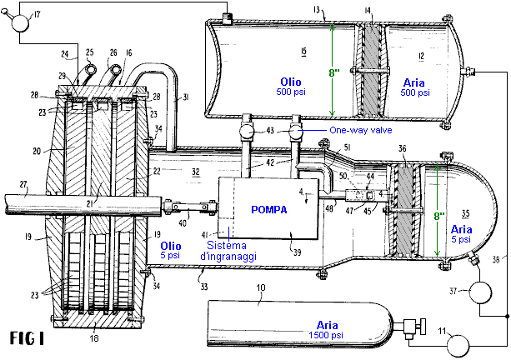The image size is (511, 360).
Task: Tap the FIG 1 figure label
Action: click(31, 339)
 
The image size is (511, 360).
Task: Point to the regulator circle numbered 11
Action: click(455, 342)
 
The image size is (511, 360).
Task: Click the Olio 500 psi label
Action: click(295, 87)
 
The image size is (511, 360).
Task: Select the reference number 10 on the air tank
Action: click(263, 288)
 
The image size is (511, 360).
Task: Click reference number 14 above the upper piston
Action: click(368, 10)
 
